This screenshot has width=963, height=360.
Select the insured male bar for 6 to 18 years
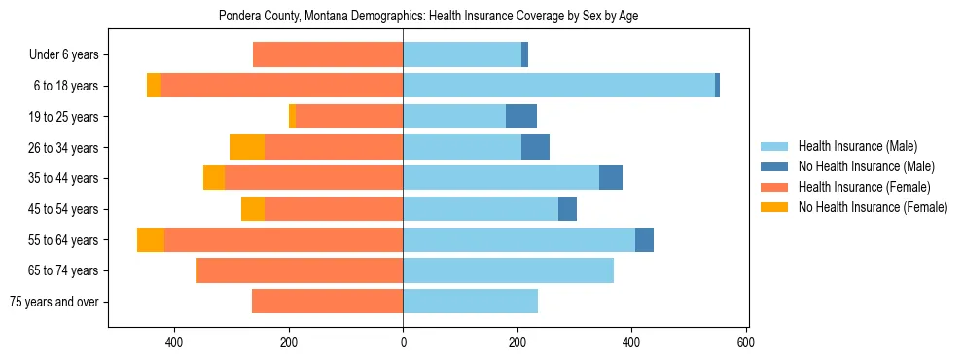pos(558,86)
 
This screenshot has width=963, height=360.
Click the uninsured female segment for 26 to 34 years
pos(247,147)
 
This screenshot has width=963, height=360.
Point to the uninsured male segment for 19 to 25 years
pos(521,117)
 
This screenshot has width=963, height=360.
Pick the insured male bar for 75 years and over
pos(470,302)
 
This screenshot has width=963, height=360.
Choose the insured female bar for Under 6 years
pos(328,55)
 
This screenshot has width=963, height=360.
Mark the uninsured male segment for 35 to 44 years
pos(611,178)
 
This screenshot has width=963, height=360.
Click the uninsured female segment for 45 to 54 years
pos(253,209)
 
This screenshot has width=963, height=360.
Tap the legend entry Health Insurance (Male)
pos(857,146)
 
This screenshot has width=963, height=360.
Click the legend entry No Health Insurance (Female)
pos(873,207)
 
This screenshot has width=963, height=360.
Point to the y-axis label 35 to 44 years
pos(64,178)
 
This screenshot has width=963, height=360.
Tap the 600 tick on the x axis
pos(746,342)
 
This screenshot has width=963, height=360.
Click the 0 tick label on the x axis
pos(403,342)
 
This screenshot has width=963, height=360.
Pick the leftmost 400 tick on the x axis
pos(174,342)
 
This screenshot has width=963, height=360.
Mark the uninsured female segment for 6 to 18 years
pos(154,86)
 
